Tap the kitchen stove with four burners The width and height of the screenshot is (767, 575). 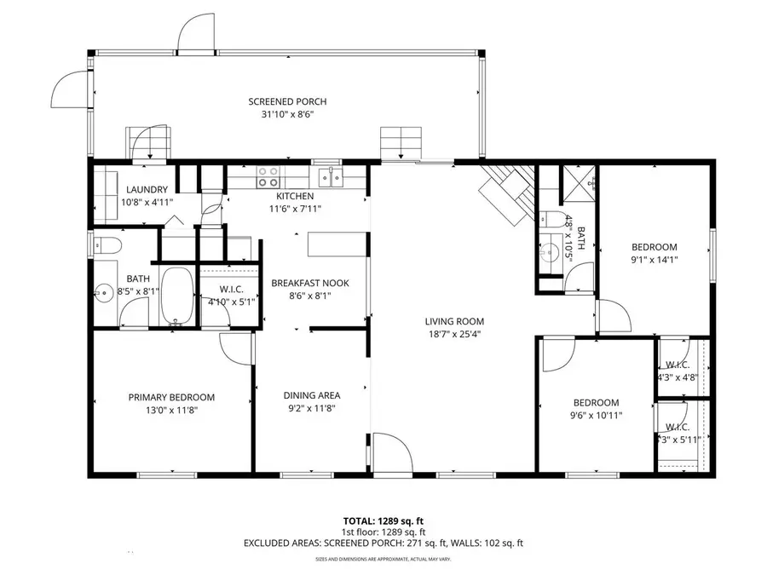pos(268,176)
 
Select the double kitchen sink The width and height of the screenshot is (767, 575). pos(330,177)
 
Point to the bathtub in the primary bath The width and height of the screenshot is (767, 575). pos(177,296)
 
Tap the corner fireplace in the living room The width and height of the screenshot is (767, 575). pos(509,193)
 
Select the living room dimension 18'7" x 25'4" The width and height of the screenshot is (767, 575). pos(454,334)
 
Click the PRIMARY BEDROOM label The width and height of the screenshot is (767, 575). pos(171,397)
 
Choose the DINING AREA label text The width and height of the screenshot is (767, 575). pos(312,395)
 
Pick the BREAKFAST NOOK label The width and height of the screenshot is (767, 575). pos(309,283)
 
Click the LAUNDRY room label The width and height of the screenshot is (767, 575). pos(147,190)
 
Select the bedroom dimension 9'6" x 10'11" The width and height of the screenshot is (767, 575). pos(596,416)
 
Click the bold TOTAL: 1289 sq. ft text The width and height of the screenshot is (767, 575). pos(383,520)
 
